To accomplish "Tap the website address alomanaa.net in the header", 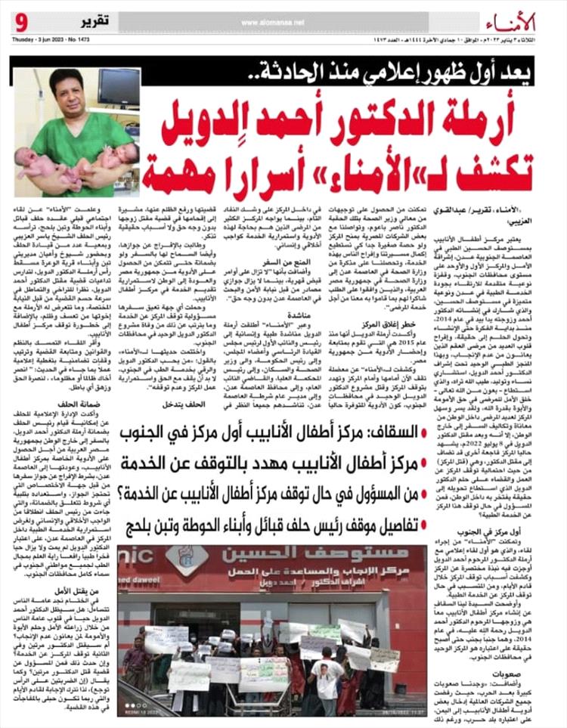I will (288, 22).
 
